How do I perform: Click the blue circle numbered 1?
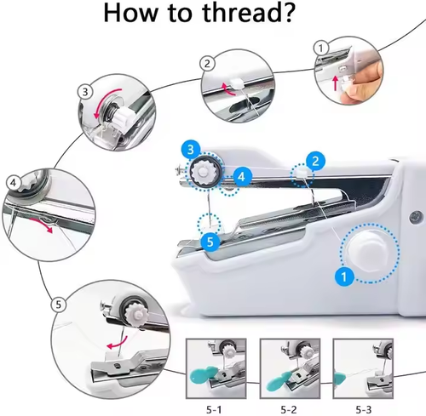(x=344, y=276)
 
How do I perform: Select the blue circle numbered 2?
(x=314, y=160)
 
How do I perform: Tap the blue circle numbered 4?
(x=241, y=176)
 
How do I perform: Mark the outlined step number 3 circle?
(x=84, y=91)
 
